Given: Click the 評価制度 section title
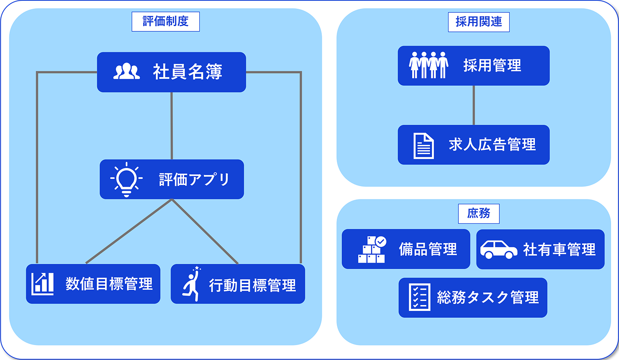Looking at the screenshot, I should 165,21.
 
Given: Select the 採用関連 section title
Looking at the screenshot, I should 479,22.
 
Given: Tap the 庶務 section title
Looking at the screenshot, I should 479,213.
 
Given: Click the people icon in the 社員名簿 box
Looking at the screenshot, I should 127,72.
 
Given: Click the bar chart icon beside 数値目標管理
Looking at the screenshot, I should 43,284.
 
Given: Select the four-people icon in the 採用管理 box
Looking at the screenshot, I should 428,65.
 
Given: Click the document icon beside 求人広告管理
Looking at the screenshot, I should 423,145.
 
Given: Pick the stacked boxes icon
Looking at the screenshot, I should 372,249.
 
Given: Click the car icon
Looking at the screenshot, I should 499,249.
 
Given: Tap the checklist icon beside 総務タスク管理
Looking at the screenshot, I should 419,297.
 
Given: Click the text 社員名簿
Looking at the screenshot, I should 188,72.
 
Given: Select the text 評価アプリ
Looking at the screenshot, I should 194,180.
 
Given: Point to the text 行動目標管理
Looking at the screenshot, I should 253,285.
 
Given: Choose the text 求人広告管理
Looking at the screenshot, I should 492,145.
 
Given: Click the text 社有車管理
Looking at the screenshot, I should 559,249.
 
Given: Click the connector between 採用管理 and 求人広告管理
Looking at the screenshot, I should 474,105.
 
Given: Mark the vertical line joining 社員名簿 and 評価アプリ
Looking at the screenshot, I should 172,126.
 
